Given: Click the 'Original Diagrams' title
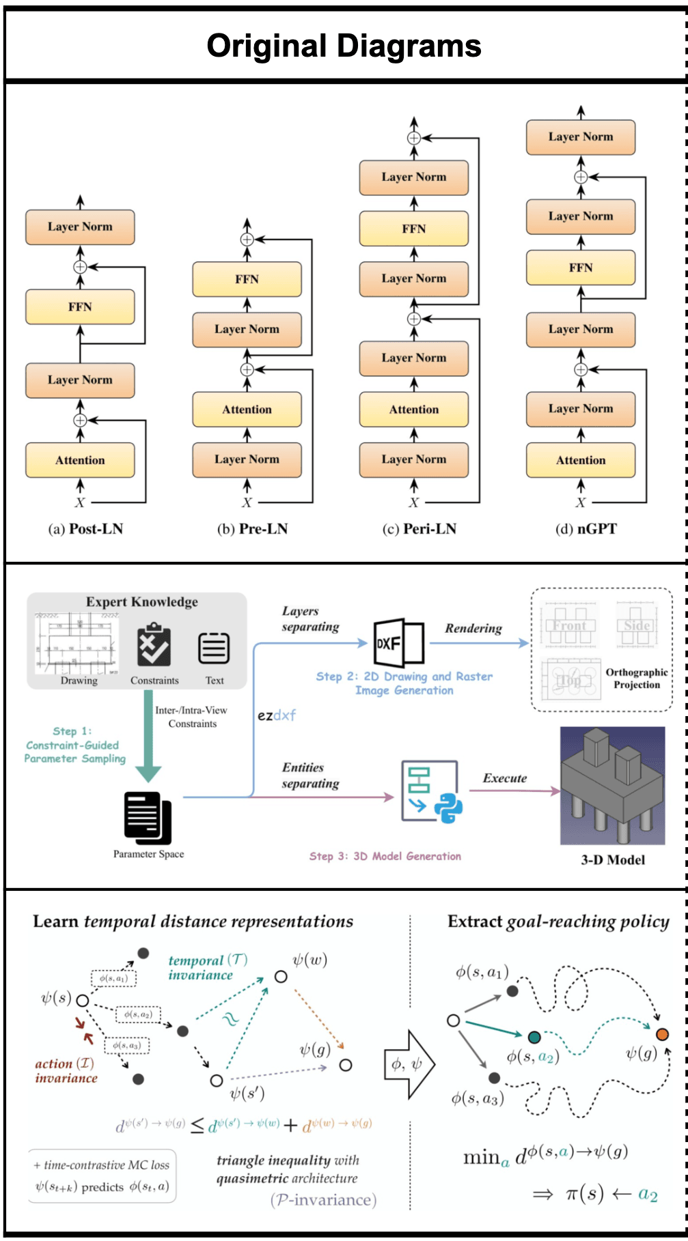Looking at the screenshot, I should point(344,46).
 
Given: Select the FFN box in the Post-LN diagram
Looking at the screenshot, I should point(80,307).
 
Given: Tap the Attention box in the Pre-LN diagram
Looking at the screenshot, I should point(247,410).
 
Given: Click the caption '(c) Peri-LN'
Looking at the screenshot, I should point(419,529).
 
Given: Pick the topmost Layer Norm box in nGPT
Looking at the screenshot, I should point(581,137).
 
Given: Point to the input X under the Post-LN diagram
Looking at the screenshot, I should point(80,503).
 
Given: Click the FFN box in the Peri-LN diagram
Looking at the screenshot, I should point(414,229).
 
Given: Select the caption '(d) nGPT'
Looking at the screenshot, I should point(586,529).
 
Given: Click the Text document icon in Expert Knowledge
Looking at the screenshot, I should point(214,648).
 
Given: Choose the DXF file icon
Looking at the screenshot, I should point(398,642).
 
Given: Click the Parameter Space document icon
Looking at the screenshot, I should point(147,817).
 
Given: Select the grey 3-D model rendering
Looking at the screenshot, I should point(612,786).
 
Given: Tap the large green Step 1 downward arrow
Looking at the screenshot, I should point(148,737).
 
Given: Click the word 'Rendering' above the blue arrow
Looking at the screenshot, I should point(473,628).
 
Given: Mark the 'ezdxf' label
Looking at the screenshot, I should point(276,715).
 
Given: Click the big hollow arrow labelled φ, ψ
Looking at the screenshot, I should point(409,1064).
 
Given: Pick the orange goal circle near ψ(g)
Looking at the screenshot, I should point(662,1034).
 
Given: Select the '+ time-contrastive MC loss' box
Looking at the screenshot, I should point(102,1175).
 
